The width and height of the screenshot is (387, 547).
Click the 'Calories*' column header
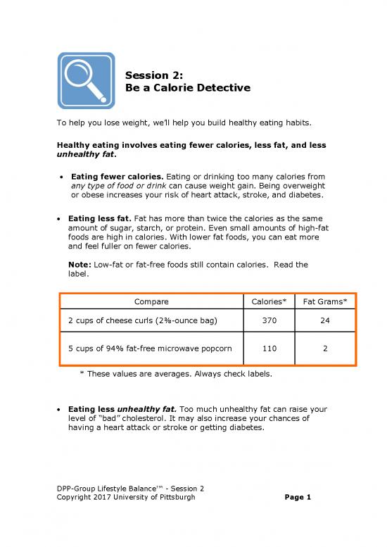[x=268, y=302]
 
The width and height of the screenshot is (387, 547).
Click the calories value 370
[x=268, y=321]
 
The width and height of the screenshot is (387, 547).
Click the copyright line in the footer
[x=126, y=498]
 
